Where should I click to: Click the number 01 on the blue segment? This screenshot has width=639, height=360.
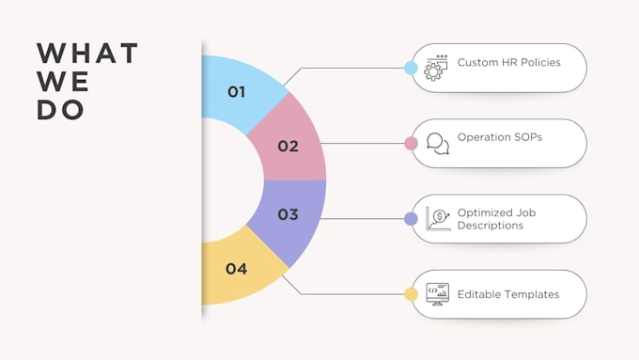point(237,92)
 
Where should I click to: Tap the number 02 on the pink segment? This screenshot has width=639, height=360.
point(288,146)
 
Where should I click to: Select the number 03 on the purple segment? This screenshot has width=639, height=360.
point(288,214)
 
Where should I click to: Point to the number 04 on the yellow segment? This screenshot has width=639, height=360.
point(237,269)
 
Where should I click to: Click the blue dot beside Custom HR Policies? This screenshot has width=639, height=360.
point(411,68)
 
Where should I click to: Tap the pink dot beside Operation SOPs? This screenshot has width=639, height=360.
point(411,144)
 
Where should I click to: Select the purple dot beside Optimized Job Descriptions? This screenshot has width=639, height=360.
point(411,219)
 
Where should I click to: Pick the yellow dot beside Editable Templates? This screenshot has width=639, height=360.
point(411,294)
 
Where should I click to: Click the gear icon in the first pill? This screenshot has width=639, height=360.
point(436,68)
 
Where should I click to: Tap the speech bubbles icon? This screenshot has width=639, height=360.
point(438,144)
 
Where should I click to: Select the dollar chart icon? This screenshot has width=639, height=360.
point(438,219)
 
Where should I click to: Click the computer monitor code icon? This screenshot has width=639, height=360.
point(437,294)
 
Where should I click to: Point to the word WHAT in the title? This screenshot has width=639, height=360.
point(87,53)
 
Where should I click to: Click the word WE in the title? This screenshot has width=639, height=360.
point(63,82)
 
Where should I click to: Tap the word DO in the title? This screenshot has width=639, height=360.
point(60,110)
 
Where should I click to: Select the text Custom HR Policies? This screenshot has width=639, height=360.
point(508,62)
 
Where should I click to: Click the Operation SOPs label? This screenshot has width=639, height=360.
point(500,137)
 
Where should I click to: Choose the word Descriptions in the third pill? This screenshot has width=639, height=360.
point(491,226)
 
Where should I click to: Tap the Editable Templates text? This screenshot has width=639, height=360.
point(508,294)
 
